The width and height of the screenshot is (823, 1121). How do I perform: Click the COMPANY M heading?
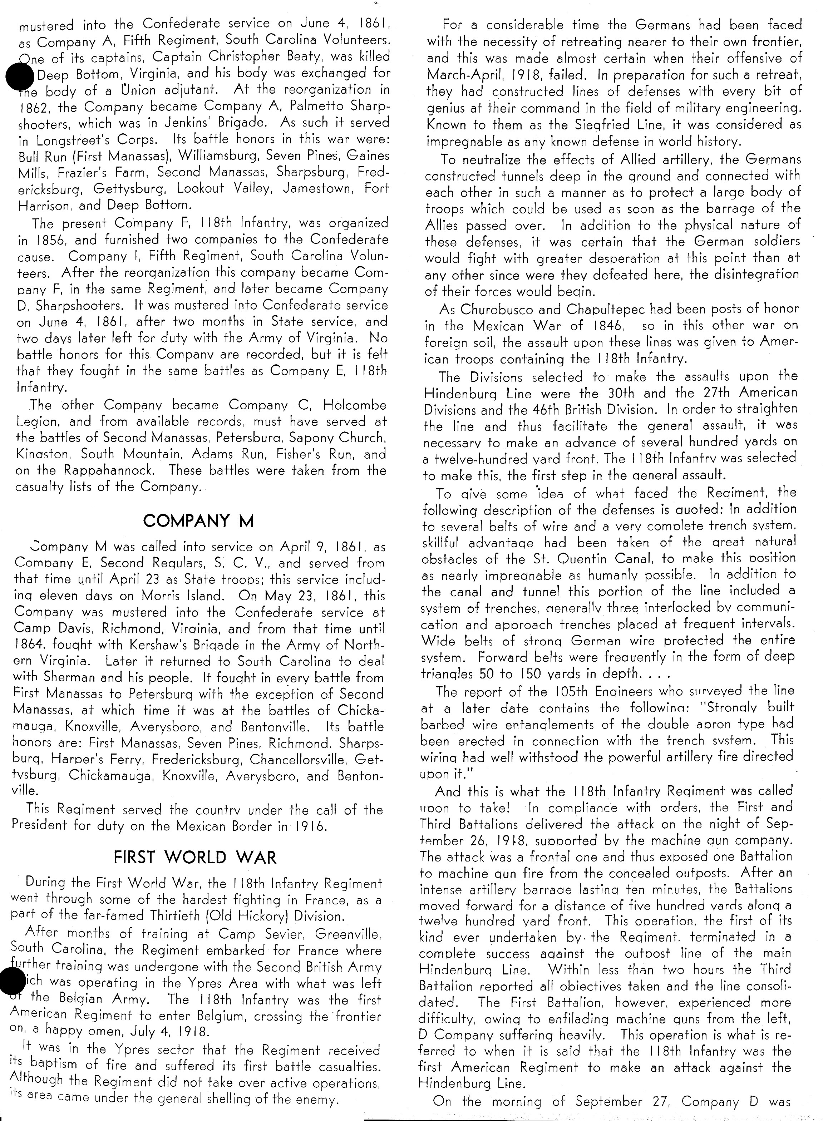pos(198,521)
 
